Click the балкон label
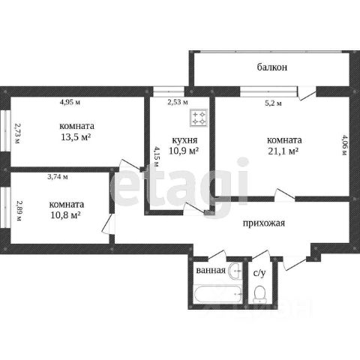pyautogui.click(x=272, y=67)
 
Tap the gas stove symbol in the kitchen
pyautogui.click(x=199, y=118)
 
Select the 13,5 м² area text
pyautogui.click(x=76, y=137)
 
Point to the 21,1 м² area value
pyautogui.click(x=283, y=151)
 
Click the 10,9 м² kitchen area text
pyautogui.click(x=184, y=151)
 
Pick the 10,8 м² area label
pyautogui.click(x=65, y=214)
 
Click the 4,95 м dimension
pyautogui.click(x=70, y=102)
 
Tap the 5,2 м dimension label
pyautogui.click(x=273, y=103)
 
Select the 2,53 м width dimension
pyautogui.click(x=178, y=102)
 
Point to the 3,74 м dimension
pyautogui.click(x=58, y=177)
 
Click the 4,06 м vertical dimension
pyautogui.click(x=344, y=145)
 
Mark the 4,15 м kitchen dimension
pyautogui.click(x=156, y=157)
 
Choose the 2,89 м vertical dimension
pyautogui.click(x=19, y=211)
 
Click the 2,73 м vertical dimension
pyautogui.click(x=17, y=133)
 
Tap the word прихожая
pyautogui.click(x=264, y=223)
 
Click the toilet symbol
pyautogui.click(x=259, y=294)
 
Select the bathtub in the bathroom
pyautogui.click(x=217, y=294)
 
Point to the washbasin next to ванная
pyautogui.click(x=235, y=271)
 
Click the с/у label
pyautogui.click(x=259, y=273)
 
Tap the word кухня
pyautogui.click(x=184, y=140)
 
